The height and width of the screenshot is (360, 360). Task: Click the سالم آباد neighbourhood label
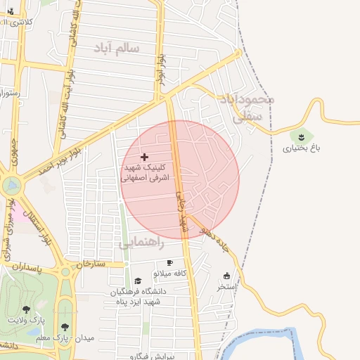tap(117, 48)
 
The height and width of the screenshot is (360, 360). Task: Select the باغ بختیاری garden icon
tap(301, 135)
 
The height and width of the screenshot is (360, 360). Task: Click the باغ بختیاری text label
tap(301, 148)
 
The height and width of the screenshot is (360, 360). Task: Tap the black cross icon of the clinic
tap(145, 157)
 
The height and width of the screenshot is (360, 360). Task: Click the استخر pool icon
tap(226, 276)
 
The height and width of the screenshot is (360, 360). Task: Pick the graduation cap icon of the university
tap(138, 281)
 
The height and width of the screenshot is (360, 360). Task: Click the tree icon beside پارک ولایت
tap(26, 309)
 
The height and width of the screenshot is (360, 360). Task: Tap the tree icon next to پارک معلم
tap(65, 327)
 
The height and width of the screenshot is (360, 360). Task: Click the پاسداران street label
tap(27, 269)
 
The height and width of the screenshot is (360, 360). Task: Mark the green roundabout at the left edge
tap(11, 186)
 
